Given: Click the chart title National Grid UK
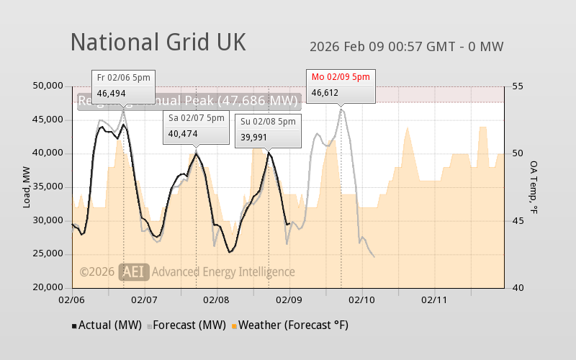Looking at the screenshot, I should (158, 42).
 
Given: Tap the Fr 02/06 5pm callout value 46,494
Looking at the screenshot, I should (112, 93).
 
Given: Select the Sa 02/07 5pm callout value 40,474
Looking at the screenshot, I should (183, 133).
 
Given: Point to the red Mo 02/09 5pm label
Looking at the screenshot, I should (341, 77).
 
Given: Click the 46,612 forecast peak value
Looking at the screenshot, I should (325, 93).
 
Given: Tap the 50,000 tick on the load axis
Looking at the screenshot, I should (49, 86).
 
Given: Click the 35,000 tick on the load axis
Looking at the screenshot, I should (49, 186).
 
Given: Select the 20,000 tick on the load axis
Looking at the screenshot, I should (49, 287).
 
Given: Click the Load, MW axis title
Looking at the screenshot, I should (27, 186).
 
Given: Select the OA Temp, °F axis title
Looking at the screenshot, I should (534, 186).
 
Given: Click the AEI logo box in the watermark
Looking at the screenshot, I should (134, 271).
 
